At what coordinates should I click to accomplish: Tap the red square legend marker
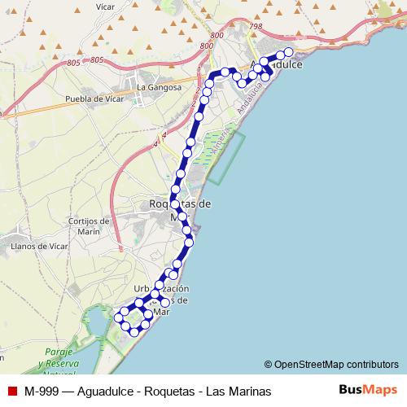[11, 391]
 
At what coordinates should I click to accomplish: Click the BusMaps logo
[370, 390]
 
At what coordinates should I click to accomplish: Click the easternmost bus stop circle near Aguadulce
[287, 52]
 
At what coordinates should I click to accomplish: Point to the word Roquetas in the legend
[173, 391]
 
